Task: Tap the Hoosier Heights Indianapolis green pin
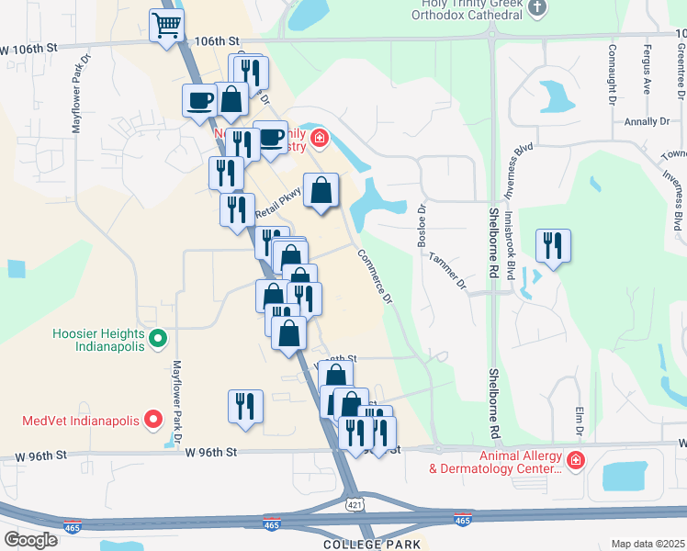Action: [157, 340]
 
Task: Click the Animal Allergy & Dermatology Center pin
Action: [575, 459]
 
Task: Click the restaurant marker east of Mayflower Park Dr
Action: [245, 407]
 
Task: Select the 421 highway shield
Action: [355, 504]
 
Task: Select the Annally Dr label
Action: [648, 121]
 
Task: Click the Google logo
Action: [30, 539]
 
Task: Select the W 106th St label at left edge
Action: [28, 48]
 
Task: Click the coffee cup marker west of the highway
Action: [198, 101]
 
